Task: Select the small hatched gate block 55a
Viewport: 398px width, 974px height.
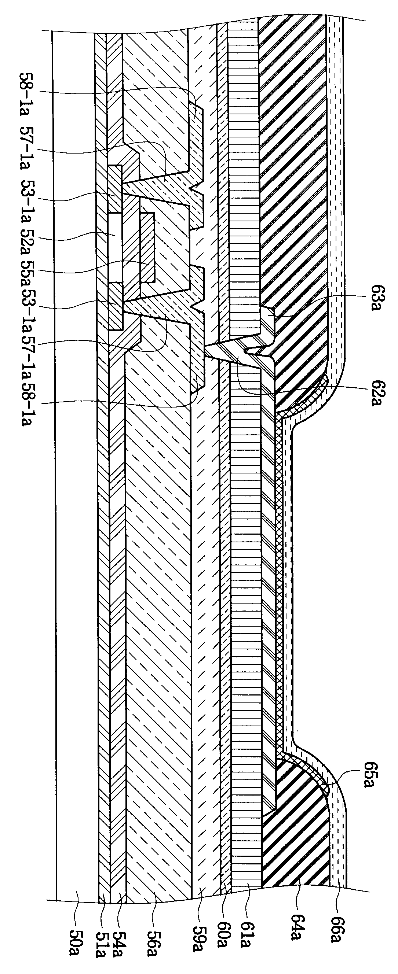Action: pos(147,248)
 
